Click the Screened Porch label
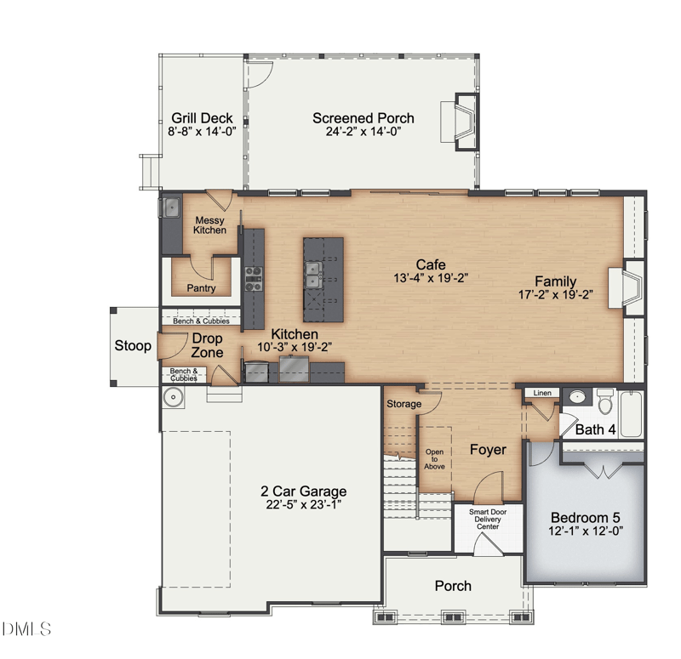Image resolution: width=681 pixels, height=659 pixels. [x=363, y=118]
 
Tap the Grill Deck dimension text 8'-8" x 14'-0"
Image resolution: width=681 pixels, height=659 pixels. [x=202, y=132]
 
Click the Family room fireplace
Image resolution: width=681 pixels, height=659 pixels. [x=626, y=288]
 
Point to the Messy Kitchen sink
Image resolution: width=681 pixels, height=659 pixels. [x=172, y=207]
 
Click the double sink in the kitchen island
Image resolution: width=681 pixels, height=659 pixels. [x=312, y=275]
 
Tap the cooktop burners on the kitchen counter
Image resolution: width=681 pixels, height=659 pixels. [x=254, y=279]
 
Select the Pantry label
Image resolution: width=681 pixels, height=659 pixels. [x=201, y=288]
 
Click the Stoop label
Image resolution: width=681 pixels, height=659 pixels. [x=133, y=346]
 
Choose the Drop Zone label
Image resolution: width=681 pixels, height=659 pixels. [x=207, y=345]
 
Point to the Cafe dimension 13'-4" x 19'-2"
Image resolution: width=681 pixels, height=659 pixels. [x=431, y=278]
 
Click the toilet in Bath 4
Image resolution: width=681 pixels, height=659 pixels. [x=605, y=401]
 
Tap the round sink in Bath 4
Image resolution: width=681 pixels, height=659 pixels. [x=577, y=396]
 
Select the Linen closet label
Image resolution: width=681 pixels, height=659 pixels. [x=542, y=393]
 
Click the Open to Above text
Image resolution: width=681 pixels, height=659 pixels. [x=434, y=459]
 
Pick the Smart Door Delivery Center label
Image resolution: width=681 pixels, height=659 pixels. [x=488, y=520]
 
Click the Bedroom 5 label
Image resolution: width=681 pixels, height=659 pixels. [x=585, y=518]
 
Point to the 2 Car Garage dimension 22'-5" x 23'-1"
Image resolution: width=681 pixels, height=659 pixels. [x=304, y=504]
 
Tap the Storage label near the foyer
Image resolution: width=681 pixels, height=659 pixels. [x=403, y=404]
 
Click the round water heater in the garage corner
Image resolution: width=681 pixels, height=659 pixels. [x=174, y=397]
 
